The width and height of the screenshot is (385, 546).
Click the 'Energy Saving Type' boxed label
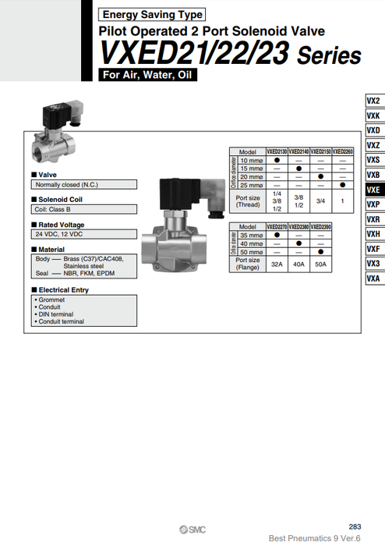pyautogui.click(x=152, y=14)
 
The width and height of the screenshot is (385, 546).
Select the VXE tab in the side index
pyautogui.click(x=373, y=190)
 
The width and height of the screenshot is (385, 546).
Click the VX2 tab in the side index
pyautogui.click(x=373, y=101)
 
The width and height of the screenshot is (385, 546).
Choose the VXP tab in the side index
pyautogui.click(x=373, y=204)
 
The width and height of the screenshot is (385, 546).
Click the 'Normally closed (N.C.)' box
pyautogui.click(x=84, y=185)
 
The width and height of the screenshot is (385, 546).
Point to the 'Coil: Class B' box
pyautogui.click(x=84, y=209)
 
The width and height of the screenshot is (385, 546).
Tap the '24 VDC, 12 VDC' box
pyautogui.click(x=84, y=233)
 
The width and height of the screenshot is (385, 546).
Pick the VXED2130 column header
pyautogui.click(x=277, y=152)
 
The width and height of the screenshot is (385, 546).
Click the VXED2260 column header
pyautogui.click(x=342, y=152)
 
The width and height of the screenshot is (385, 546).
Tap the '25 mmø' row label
pyautogui.click(x=251, y=185)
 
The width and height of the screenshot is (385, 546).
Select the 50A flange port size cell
pyautogui.click(x=320, y=264)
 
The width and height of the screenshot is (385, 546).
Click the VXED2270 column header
pyautogui.click(x=277, y=227)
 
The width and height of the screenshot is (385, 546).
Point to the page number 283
pyautogui.click(x=355, y=526)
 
